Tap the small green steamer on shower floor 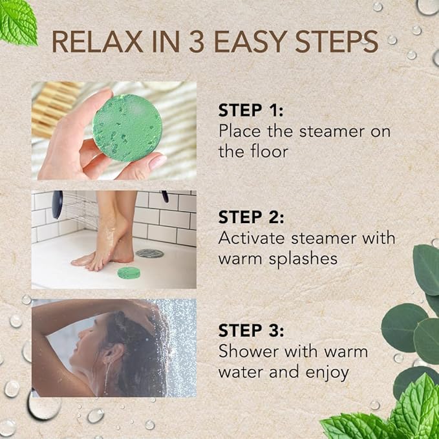pyautogui.click(x=130, y=274)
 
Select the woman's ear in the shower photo pyautogui.click(x=107, y=354)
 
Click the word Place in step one pyautogui.click(x=237, y=131)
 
